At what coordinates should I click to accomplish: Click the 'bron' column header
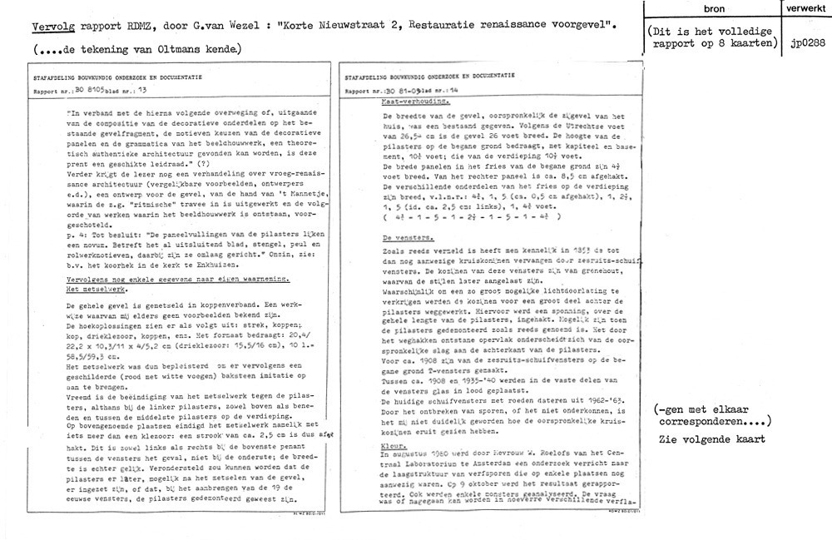click(714, 9)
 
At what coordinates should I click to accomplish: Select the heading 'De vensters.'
click(393, 236)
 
